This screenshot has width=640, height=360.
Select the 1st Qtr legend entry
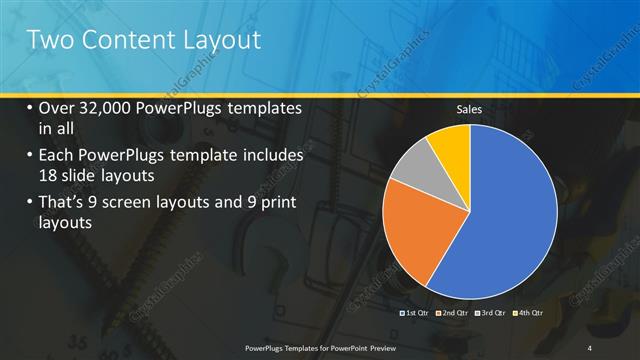tap(415, 312)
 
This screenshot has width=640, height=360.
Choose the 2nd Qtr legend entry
tap(456, 312)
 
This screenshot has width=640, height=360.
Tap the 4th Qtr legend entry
tap(528, 312)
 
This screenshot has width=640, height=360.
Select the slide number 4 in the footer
tap(590, 347)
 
